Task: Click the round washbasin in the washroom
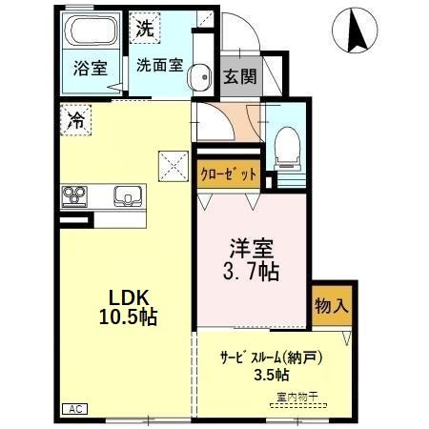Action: pos(198,79)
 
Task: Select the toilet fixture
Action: pos(284,145)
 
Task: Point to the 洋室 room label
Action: pos(252,250)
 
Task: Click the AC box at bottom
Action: pos(76,409)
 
